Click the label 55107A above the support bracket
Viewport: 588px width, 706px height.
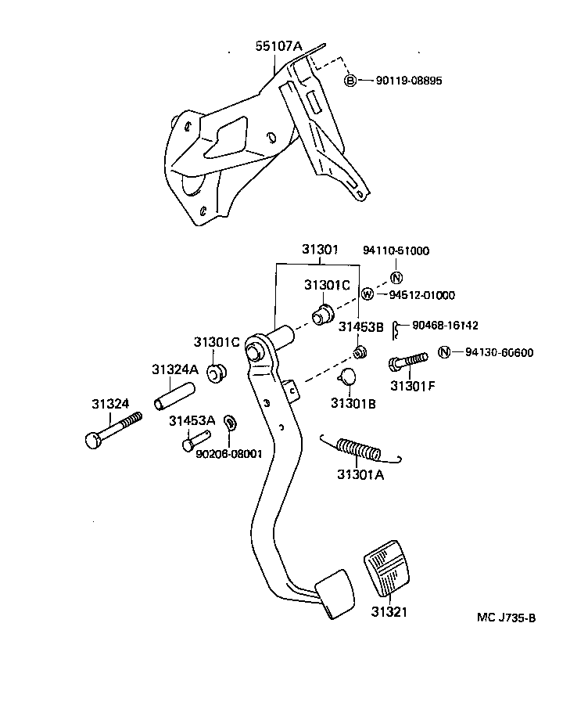coord(278,47)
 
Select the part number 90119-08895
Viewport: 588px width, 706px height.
coord(403,81)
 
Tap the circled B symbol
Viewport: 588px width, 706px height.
coord(351,81)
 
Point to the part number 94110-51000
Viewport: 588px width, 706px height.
coord(396,251)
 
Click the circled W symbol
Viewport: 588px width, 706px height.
coord(367,294)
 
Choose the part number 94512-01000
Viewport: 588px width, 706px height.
coord(421,295)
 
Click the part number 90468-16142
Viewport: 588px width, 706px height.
coord(445,326)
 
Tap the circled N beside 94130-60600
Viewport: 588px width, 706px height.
coord(444,351)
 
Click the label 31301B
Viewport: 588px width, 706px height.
coord(353,403)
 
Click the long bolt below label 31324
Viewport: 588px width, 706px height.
coord(113,429)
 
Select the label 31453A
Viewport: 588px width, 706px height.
coord(192,421)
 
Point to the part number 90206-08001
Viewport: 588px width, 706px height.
coord(228,453)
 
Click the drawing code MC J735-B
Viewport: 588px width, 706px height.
coord(506,618)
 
